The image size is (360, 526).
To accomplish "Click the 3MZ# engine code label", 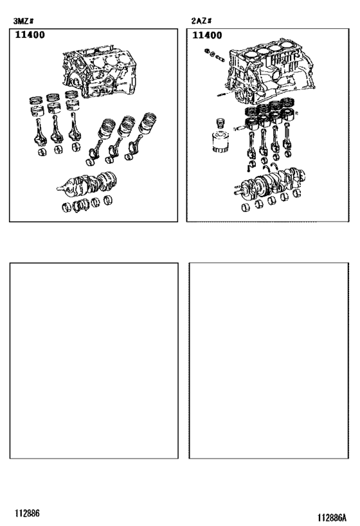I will tap(24, 21).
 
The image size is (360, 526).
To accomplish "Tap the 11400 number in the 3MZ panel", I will tap(30, 36).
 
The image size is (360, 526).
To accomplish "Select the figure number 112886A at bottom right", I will tap(331, 517).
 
